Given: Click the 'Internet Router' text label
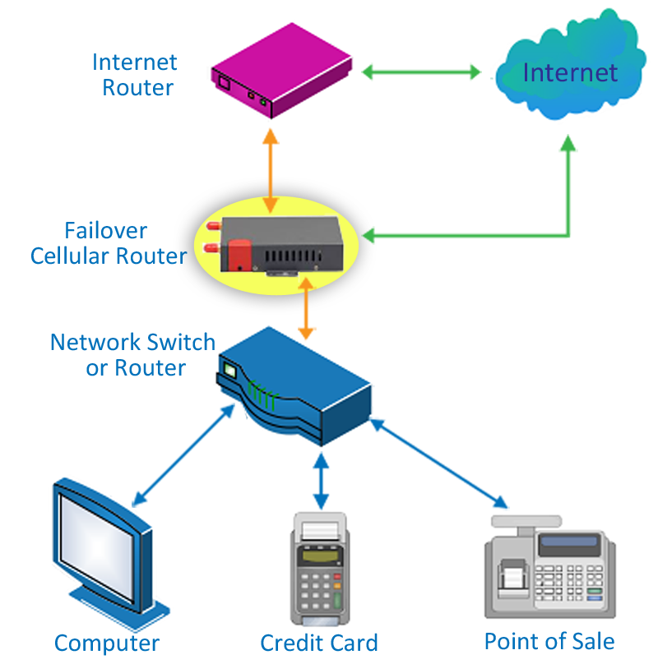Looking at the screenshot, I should [x=135, y=75].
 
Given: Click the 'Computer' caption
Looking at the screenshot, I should [x=107, y=643].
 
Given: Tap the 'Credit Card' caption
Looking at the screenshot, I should [x=319, y=643].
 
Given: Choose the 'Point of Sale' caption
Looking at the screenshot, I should [x=549, y=641].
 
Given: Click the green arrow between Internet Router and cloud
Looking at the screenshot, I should [x=421, y=72].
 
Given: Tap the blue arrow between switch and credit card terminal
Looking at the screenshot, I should [x=320, y=480].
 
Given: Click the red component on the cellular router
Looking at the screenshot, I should [x=239, y=253].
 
